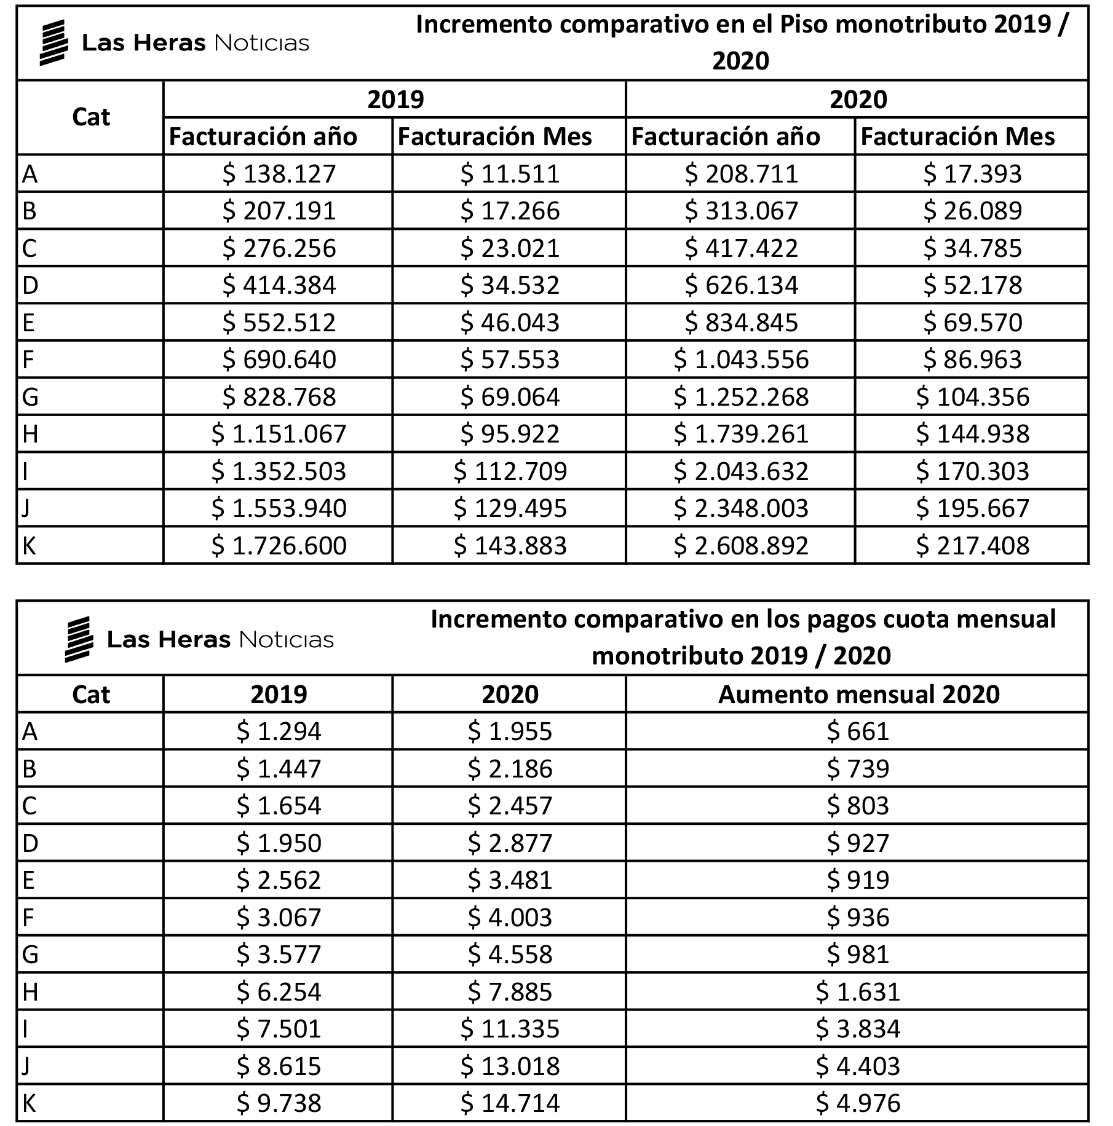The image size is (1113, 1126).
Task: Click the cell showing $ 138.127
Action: point(279,174)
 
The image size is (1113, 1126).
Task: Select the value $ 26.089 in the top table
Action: point(972,211)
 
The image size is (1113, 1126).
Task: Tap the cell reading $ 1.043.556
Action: point(741,360)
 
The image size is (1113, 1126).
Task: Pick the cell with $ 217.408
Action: point(972,546)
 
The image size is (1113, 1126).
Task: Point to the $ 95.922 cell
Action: point(510,434)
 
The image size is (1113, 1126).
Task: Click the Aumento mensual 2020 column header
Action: point(858,695)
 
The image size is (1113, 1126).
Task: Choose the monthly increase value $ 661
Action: point(858,731)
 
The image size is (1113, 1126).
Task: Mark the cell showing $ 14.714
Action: point(510,1103)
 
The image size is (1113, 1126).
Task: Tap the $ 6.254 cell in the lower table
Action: point(279,991)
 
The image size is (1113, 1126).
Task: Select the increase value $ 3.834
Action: point(858,1029)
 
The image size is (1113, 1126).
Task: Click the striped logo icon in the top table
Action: point(53,42)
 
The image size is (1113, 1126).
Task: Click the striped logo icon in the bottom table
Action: point(79,639)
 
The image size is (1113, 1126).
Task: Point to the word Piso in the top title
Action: point(804,25)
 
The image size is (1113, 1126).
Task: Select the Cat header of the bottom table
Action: point(91,695)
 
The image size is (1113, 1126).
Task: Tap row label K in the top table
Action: point(29,546)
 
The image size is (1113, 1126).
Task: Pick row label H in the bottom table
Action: point(30,991)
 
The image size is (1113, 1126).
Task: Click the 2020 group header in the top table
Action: point(858,100)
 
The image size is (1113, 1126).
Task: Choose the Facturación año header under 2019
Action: point(263,136)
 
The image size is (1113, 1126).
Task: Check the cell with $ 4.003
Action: point(510,917)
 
